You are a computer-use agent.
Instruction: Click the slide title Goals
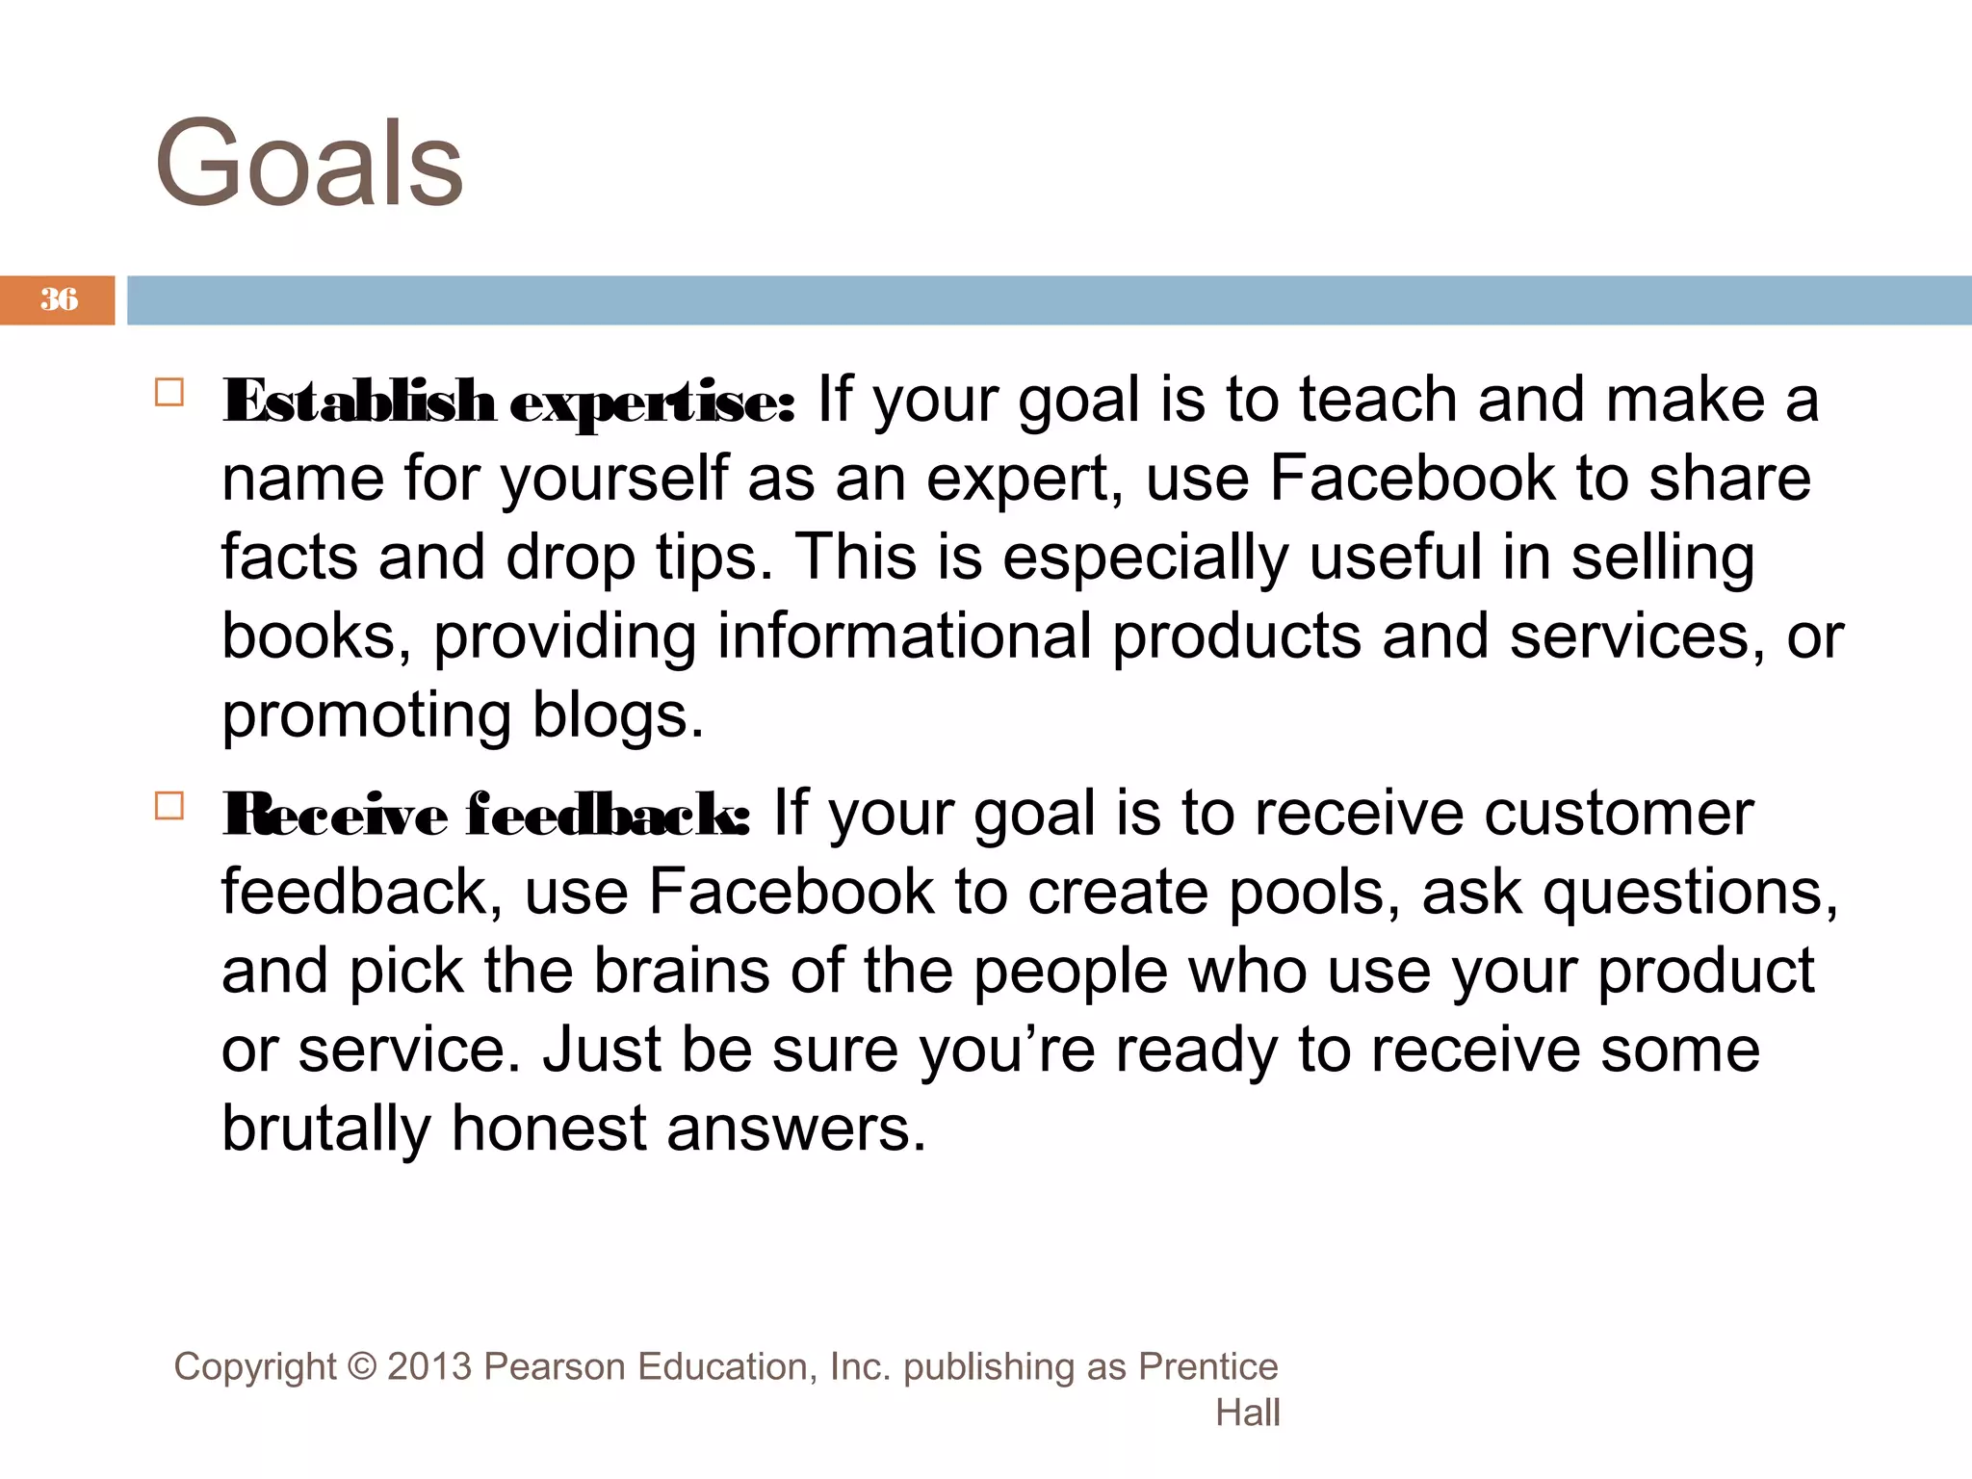(309, 165)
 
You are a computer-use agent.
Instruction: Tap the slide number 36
(59, 299)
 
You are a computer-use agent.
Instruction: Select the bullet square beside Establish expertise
(169, 393)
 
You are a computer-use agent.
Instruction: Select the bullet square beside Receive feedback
(169, 806)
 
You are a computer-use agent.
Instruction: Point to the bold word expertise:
(652, 402)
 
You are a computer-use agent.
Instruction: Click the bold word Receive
(335, 815)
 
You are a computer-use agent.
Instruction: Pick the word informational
(904, 636)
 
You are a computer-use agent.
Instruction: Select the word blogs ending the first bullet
(617, 715)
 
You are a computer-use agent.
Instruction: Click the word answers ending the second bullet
(795, 1129)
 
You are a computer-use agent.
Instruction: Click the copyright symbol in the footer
(362, 1367)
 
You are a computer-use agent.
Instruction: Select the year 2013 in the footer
(429, 1367)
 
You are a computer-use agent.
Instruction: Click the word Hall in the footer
(1247, 1414)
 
